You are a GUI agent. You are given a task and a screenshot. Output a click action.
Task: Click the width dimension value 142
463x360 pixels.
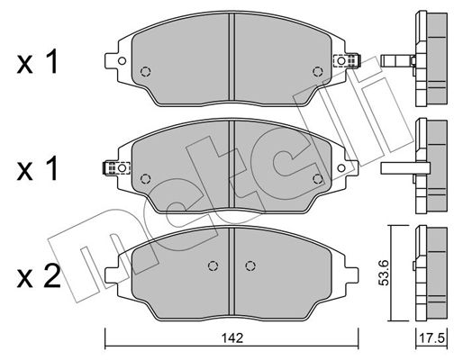tap(231, 338)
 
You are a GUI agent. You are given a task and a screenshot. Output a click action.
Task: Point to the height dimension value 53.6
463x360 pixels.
tap(385, 273)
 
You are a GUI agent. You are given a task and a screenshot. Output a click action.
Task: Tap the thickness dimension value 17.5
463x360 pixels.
tap(431, 338)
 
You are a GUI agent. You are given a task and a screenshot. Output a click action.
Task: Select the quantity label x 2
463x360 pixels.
tap(39, 276)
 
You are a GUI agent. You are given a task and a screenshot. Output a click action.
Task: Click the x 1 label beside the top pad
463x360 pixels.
tap(37, 61)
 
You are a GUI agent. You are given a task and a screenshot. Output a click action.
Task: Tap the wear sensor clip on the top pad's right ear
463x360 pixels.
tap(347, 61)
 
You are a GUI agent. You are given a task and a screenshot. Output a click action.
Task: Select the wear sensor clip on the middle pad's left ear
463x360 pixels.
tap(116, 168)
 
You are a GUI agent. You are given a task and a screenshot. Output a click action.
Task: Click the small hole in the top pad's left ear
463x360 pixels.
tap(122, 61)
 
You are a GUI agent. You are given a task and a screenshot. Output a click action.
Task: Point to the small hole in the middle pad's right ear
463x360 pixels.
tap(341, 168)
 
